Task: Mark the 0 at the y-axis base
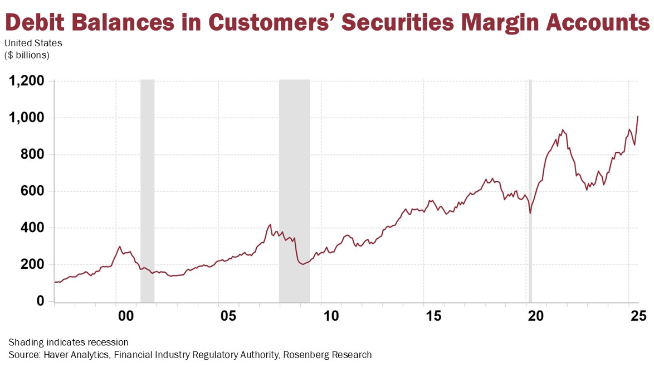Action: click(x=40, y=301)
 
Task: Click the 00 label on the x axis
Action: click(x=126, y=316)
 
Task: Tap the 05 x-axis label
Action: click(x=229, y=316)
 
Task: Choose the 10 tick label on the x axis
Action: click(x=331, y=316)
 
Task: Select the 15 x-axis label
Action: click(x=433, y=316)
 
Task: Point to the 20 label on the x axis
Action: click(x=536, y=316)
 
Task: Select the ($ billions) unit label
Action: click(x=27, y=55)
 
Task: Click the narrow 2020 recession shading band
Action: click(x=530, y=190)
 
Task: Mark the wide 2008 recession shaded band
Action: click(x=294, y=190)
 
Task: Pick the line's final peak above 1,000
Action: click(x=637, y=117)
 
